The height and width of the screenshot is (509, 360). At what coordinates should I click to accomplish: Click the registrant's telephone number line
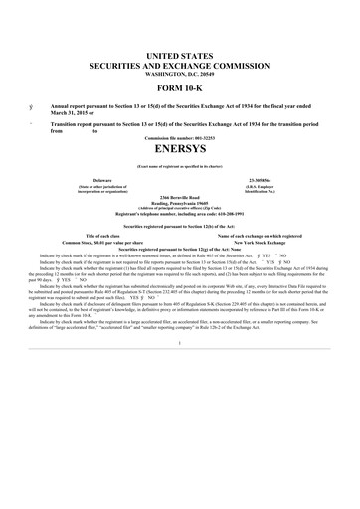click(180, 213)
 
